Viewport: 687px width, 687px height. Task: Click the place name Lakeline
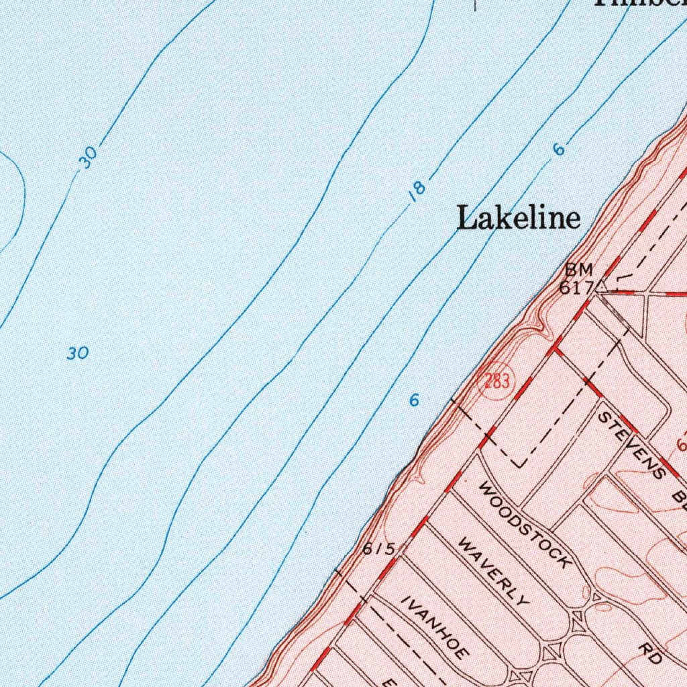[518, 218]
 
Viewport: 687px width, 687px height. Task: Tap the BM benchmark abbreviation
[578, 270]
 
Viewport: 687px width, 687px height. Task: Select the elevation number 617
[576, 287]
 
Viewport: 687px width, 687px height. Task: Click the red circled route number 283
[496, 383]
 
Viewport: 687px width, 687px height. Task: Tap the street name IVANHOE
[435, 627]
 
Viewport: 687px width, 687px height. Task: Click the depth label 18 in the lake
[417, 191]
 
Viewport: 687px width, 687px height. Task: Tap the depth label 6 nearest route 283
[415, 401]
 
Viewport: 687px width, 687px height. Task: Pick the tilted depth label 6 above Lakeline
[559, 149]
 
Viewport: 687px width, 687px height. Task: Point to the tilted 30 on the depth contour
[88, 157]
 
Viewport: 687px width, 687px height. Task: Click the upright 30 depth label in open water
[78, 353]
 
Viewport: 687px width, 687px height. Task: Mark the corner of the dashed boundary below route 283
[521, 465]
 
